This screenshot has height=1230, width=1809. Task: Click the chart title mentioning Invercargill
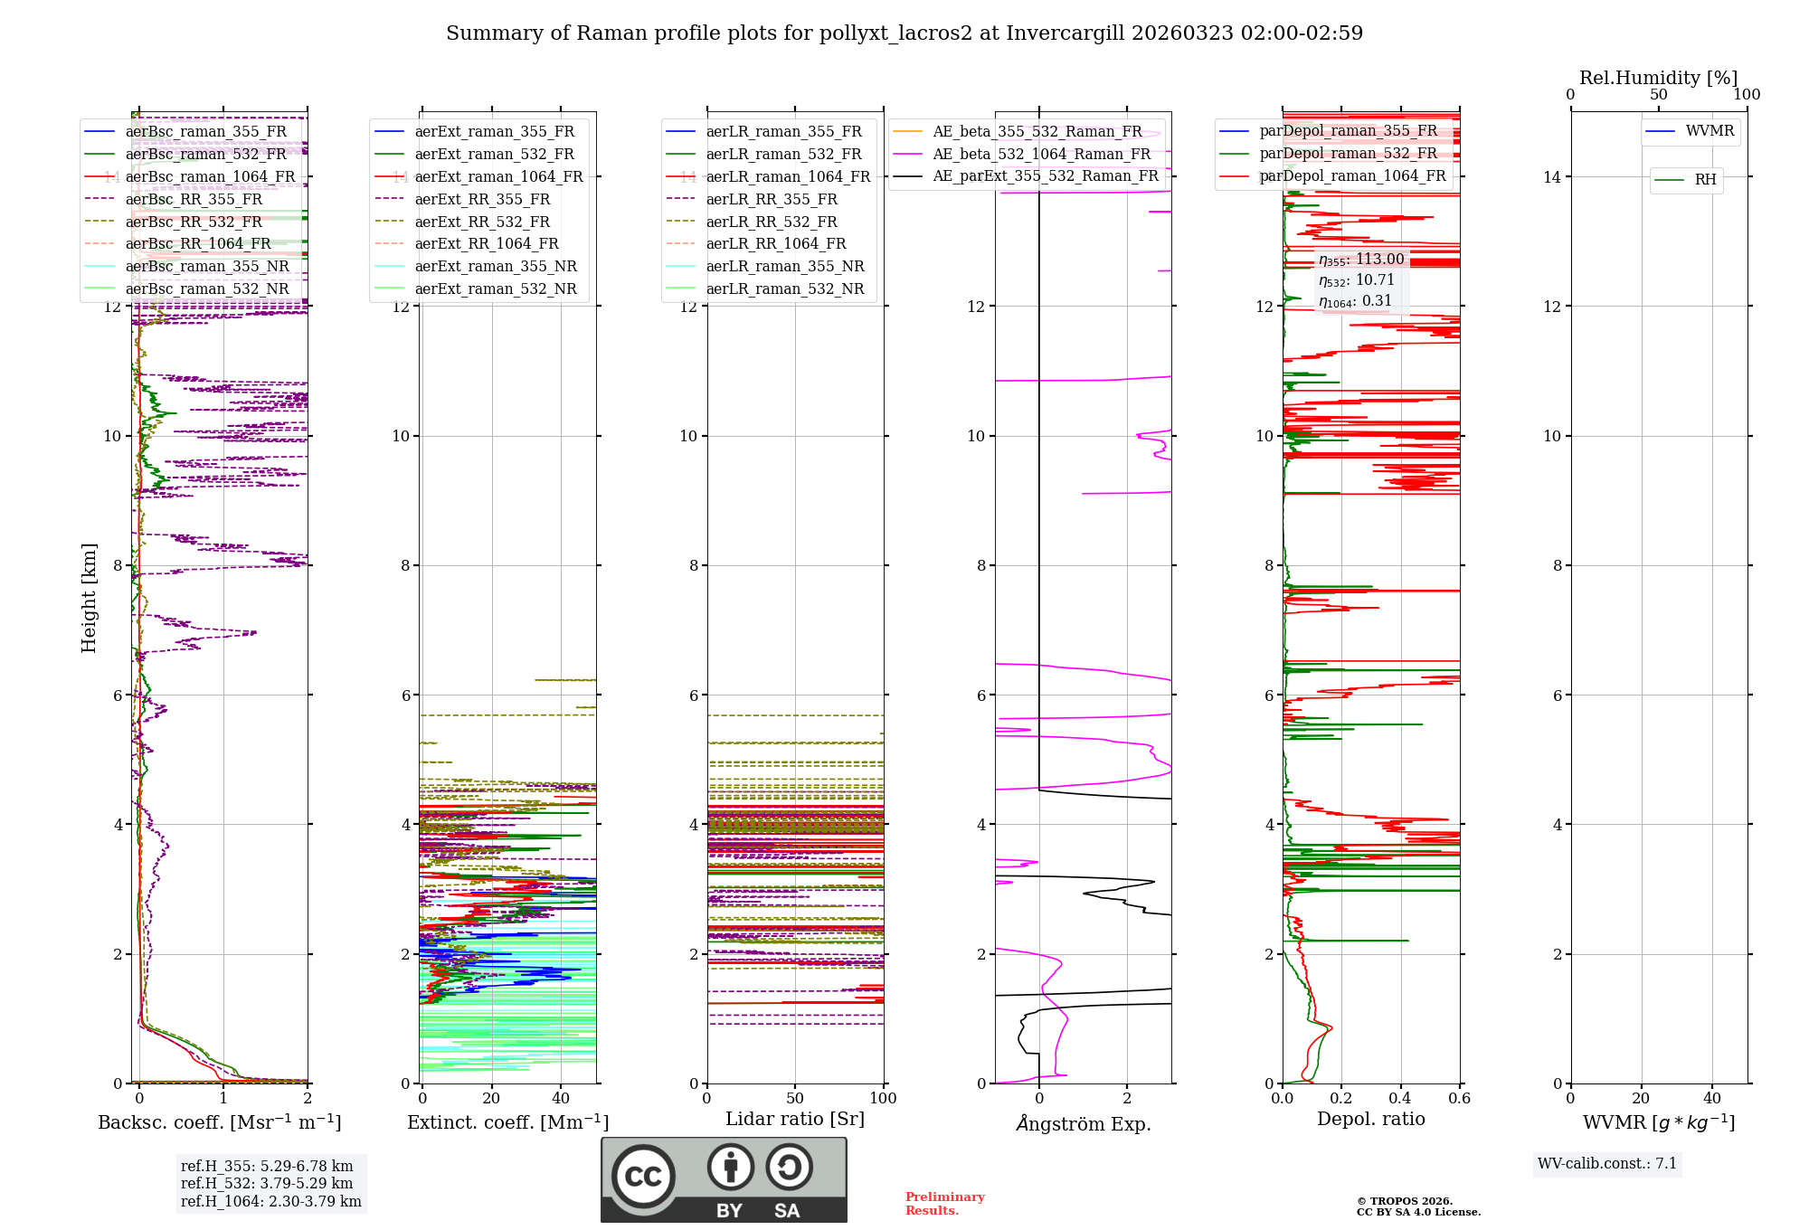click(904, 33)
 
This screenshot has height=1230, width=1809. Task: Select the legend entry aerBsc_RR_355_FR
click(194, 199)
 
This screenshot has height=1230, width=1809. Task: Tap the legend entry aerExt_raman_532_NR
click(496, 289)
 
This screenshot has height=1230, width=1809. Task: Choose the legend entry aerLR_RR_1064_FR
click(776, 243)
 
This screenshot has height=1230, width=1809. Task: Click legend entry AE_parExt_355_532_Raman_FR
click(1046, 175)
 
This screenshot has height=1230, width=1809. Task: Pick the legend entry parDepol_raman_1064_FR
click(1352, 175)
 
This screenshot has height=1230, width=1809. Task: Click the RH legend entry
click(1705, 180)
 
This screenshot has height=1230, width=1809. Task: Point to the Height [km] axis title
click(89, 598)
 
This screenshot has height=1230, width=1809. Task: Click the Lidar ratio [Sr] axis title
click(795, 1119)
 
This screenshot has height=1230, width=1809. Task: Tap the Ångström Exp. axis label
click(1084, 1124)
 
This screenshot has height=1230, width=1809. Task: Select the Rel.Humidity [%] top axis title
click(1658, 78)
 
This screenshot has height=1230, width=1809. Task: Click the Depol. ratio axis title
click(1370, 1119)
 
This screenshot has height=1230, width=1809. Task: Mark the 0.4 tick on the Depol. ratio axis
click(1400, 1098)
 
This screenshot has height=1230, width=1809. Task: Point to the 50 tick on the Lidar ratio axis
click(795, 1098)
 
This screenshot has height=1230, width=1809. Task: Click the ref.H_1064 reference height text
click(270, 1201)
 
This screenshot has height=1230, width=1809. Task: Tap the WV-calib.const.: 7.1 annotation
click(1607, 1163)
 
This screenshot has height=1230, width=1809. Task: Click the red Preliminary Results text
click(944, 1203)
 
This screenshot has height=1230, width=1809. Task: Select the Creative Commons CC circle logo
click(643, 1176)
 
